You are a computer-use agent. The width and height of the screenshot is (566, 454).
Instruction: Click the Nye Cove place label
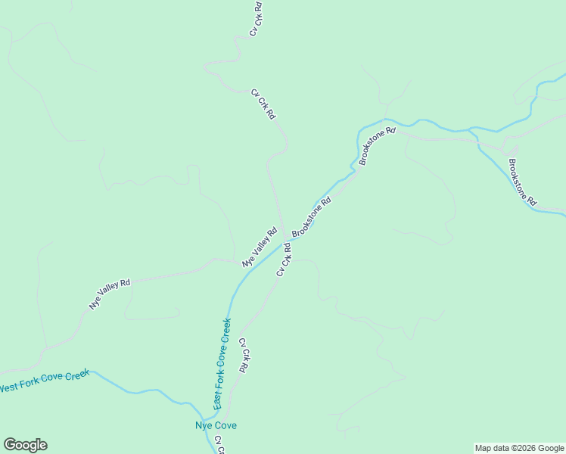point(216,425)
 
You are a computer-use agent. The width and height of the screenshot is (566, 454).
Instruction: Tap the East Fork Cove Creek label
point(222,364)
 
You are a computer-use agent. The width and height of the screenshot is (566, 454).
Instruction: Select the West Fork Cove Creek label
point(45,381)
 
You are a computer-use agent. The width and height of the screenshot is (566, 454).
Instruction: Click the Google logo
point(25,445)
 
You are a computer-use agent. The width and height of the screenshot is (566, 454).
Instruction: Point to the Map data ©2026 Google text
point(519,448)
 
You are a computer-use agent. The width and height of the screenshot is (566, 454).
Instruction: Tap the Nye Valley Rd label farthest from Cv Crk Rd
point(110,294)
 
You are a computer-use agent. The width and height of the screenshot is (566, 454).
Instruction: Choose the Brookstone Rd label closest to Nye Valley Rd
point(312,216)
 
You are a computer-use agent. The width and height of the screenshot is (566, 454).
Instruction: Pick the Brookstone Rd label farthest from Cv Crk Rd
point(522,182)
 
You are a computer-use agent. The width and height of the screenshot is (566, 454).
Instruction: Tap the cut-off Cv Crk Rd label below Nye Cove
point(219,444)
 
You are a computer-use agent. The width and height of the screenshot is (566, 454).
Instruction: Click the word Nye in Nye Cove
point(203,425)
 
